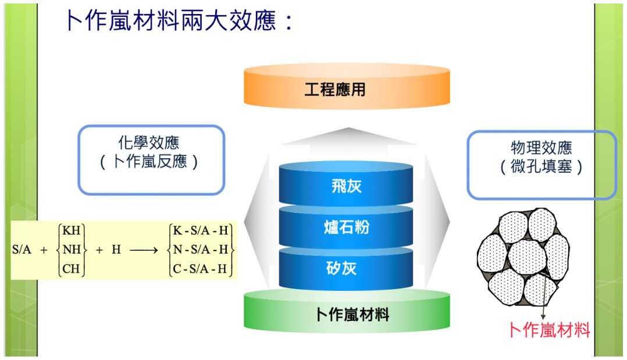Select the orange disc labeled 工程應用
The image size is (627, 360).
pos(347,87)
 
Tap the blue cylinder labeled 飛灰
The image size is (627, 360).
pos(346,184)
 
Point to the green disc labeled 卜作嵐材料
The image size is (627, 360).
pos(347,312)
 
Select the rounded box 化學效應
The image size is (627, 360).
pos(151,160)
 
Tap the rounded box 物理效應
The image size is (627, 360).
pos(541,165)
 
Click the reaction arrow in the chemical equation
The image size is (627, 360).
pos(144,251)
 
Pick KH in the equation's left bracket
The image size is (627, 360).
pos(72,230)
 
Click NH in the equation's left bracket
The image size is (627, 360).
pos(72,249)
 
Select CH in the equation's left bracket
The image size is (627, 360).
pos(71,268)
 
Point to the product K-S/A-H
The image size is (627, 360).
pos(200,230)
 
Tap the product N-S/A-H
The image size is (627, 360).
pos(200,249)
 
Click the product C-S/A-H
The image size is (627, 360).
pos(200,268)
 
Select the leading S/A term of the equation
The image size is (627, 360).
pos(22,249)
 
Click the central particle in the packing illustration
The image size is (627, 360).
pos(526,256)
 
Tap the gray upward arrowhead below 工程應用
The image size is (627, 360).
pos(349,136)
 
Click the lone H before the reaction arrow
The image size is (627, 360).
pos(116,249)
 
